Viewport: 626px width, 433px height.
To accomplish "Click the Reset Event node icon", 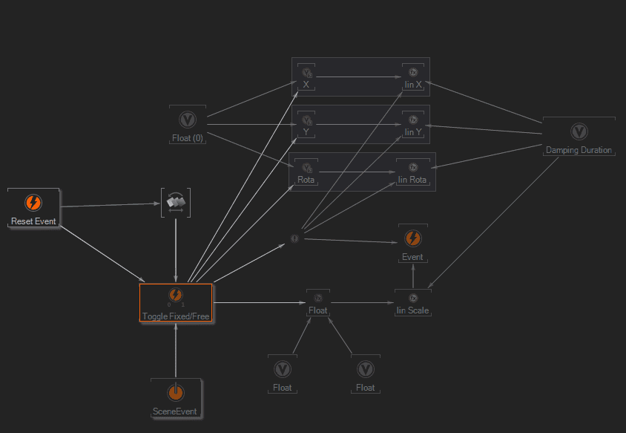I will [x=33, y=202].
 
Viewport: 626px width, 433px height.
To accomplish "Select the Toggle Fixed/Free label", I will [x=176, y=316].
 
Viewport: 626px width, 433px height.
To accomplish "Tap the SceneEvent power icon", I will [x=176, y=392].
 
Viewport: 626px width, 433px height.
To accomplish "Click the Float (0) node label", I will [x=188, y=138].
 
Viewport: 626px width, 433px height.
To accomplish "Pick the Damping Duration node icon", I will [x=579, y=131].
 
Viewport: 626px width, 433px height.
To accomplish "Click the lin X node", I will [x=413, y=77].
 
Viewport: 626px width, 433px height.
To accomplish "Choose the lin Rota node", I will [x=412, y=172].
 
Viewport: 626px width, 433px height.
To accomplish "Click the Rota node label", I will [x=306, y=179].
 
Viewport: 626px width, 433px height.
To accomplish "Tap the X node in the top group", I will [x=306, y=77].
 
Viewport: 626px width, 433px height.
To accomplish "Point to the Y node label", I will [x=306, y=132].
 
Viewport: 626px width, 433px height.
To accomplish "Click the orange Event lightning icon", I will [x=413, y=238].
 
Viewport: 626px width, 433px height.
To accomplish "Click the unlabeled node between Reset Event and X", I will [x=176, y=202].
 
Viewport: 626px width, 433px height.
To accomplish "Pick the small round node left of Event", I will [x=294, y=238].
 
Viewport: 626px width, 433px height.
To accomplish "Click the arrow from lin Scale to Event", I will [x=413, y=276].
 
